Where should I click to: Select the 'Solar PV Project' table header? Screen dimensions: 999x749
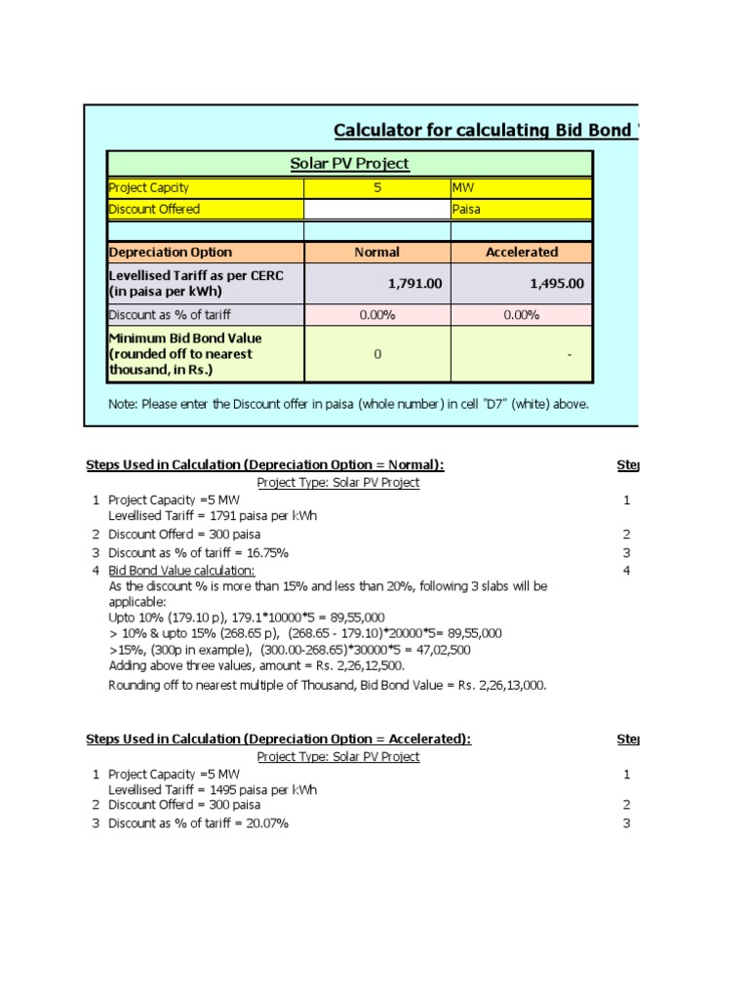pos(349,163)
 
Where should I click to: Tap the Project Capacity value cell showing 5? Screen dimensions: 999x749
pos(376,187)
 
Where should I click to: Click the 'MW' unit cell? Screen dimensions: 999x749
pos(520,187)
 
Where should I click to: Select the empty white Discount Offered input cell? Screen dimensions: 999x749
pos(376,209)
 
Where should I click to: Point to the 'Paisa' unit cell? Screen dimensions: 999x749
pos(520,209)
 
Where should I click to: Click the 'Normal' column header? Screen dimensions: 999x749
pos(376,252)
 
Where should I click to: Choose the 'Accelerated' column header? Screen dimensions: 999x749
pos(521,252)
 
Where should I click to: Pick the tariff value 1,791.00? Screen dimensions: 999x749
pos(414,283)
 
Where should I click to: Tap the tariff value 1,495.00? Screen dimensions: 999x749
pos(557,283)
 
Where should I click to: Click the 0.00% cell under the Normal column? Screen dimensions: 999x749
pos(376,315)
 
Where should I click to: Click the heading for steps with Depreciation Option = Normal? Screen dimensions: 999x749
pos(272,464)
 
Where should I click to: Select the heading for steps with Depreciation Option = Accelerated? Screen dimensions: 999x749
pos(279,739)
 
